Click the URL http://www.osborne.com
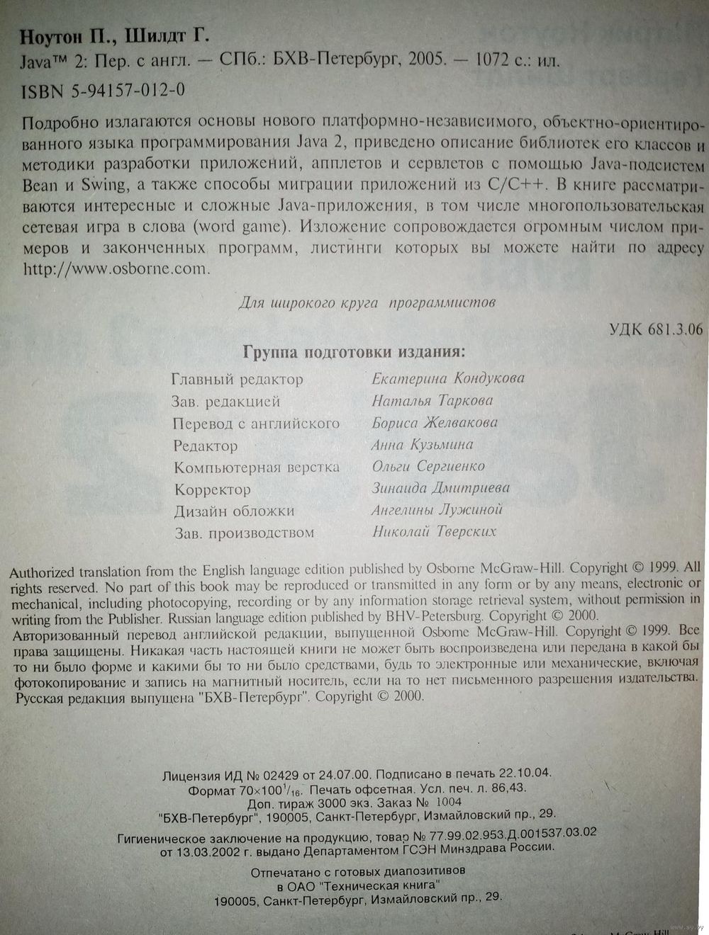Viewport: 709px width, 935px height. pyautogui.click(x=117, y=269)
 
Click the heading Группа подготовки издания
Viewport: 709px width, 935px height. pyautogui.click(x=354, y=352)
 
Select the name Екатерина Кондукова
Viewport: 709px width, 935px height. pyautogui.click(x=448, y=378)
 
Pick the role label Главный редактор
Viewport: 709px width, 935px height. pyautogui.click(x=238, y=380)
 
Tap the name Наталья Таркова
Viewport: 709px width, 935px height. pyautogui.click(x=432, y=400)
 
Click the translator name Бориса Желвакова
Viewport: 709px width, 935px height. pyautogui.click(x=435, y=423)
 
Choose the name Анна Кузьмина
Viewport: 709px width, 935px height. pyautogui.click(x=422, y=445)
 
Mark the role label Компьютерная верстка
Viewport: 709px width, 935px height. pyautogui.click(x=257, y=467)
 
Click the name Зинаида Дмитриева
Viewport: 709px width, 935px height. pyautogui.click(x=440, y=488)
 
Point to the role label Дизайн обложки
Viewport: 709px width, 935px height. pyautogui.click(x=235, y=511)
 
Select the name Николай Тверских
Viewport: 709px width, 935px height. pyautogui.click(x=434, y=531)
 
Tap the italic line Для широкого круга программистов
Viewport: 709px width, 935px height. pyautogui.click(x=367, y=302)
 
